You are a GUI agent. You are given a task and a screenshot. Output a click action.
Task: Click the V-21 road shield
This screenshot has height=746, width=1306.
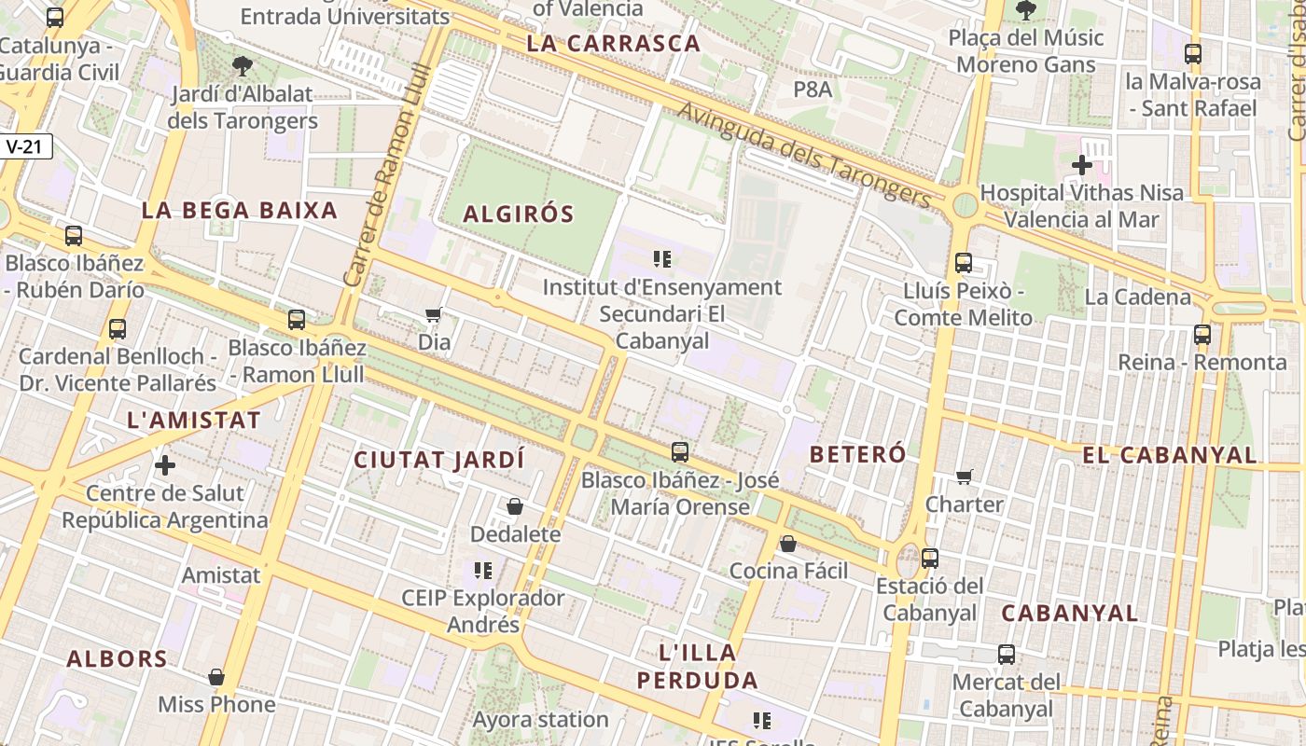tap(26, 146)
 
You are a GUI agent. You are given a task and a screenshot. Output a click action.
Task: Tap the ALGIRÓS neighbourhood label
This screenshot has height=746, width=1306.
tap(519, 214)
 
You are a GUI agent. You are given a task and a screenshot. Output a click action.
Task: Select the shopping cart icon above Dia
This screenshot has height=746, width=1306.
tap(433, 315)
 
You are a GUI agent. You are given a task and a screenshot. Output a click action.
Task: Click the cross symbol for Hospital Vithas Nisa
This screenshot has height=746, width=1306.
tap(1082, 166)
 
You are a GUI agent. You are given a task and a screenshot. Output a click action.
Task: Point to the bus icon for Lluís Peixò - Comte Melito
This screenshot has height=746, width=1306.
tap(964, 263)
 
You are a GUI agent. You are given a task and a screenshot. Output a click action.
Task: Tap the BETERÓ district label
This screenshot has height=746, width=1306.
tap(858, 455)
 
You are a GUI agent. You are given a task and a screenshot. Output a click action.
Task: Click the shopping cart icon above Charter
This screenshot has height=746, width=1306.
tap(965, 477)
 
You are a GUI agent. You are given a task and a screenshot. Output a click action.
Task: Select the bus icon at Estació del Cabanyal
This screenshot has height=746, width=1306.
tap(930, 559)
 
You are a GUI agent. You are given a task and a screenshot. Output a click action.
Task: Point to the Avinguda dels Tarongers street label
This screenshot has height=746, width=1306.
tap(804, 155)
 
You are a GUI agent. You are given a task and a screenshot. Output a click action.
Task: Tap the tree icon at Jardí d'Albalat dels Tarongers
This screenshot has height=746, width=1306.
tap(243, 66)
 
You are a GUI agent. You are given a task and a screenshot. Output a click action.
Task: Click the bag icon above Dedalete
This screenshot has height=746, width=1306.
tap(515, 506)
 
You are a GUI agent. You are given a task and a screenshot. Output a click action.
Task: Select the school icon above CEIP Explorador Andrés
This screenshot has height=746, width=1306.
tap(482, 570)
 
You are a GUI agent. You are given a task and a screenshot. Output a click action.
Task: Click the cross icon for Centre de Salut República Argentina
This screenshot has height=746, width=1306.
tap(165, 464)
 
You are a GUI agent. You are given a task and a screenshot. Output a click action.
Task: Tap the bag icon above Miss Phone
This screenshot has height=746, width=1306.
tap(216, 677)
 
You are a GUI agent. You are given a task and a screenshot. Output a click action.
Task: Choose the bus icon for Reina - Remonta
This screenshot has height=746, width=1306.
tap(1202, 334)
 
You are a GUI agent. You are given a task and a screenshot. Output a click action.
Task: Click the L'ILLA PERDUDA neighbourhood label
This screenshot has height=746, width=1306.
tap(698, 666)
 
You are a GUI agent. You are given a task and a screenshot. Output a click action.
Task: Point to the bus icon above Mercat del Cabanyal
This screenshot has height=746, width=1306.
tap(1007, 655)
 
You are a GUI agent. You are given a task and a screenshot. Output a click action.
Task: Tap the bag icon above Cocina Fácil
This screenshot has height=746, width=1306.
tap(788, 544)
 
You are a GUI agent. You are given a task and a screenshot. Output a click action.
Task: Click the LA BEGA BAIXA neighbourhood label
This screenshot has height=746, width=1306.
tap(240, 211)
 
